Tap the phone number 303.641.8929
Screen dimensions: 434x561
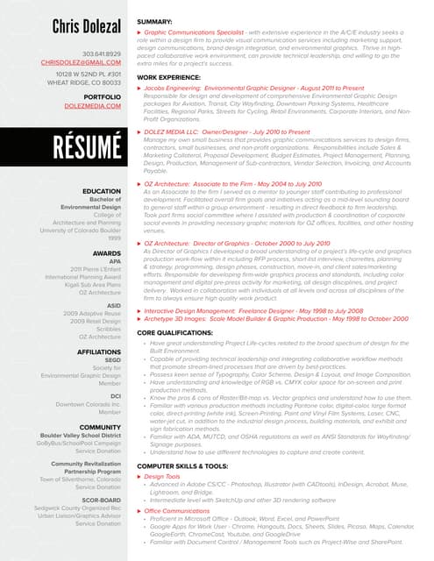102,53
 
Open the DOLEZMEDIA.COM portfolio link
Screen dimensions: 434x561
93,105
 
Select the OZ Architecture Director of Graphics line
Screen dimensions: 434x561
237,243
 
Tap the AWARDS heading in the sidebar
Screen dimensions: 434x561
107,252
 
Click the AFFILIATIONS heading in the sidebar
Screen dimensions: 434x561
99,351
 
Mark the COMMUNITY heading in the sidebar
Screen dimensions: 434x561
101,427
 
